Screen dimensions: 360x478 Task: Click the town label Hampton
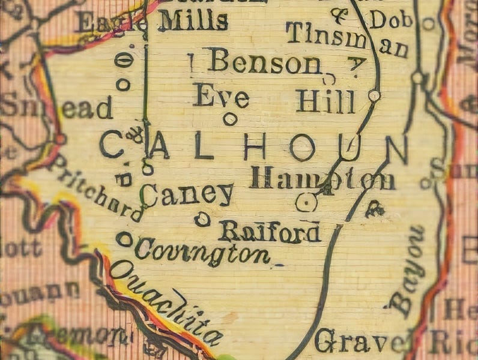coord(322,178)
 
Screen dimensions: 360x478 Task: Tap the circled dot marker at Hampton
coord(307,203)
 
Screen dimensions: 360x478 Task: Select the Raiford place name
coord(269,231)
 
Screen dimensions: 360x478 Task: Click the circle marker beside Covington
coord(124,239)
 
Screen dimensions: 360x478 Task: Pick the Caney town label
coord(187,194)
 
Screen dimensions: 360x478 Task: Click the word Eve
coord(221,95)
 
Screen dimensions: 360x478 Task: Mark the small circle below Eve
coord(229,119)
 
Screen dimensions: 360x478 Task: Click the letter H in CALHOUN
coord(255,146)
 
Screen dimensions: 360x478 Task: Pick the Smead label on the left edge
coord(57,108)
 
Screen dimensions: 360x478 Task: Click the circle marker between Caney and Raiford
coord(202,220)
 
